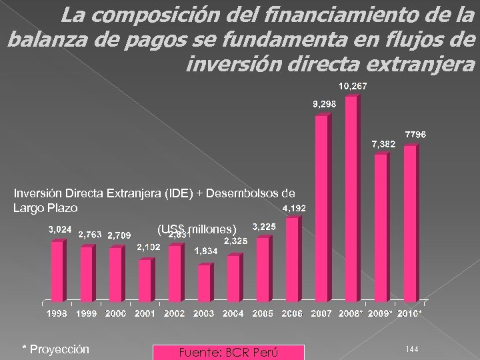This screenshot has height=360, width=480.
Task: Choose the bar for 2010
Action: click(x=409, y=223)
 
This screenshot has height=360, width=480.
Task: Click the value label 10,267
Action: click(x=352, y=87)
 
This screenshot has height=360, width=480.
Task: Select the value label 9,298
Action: click(x=325, y=104)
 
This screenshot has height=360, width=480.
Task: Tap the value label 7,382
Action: click(x=383, y=143)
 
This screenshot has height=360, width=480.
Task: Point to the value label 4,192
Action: click(x=294, y=209)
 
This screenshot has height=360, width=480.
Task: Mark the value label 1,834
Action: click(x=205, y=251)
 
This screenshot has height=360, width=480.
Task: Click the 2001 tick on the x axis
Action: click(x=145, y=313)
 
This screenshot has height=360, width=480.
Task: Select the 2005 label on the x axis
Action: click(x=262, y=313)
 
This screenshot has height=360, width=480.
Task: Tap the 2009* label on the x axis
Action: click(x=381, y=313)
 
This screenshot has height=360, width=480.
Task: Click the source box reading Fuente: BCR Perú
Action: click(x=228, y=352)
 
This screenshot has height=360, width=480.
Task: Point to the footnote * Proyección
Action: click(x=56, y=350)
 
